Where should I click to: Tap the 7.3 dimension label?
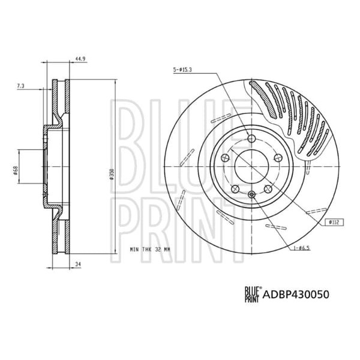20,87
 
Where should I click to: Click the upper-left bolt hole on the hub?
224,158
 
